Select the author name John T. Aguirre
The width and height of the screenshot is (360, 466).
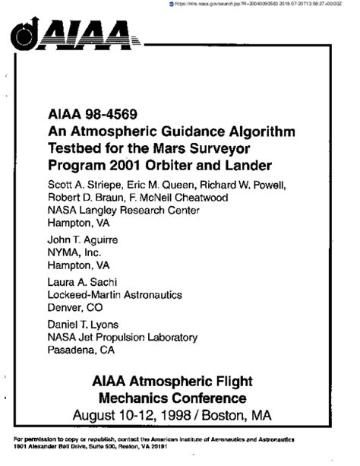tap(83, 239)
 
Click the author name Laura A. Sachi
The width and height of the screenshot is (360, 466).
tap(81, 281)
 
